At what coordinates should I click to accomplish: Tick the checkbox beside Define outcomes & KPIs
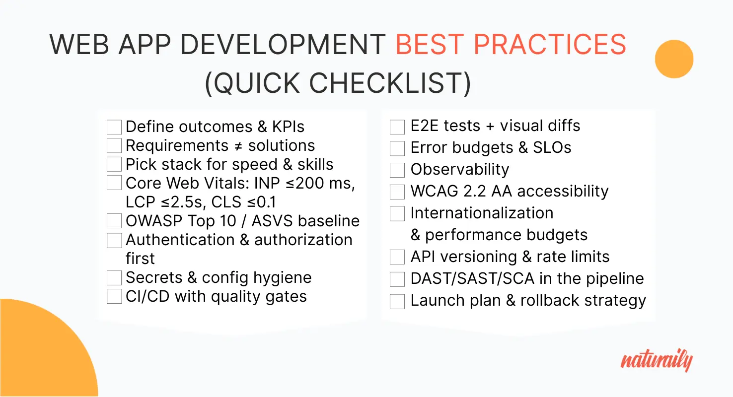click(114, 127)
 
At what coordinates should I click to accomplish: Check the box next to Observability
click(397, 170)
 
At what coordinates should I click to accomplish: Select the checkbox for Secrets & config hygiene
click(114, 277)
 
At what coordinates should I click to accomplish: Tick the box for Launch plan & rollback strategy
click(397, 302)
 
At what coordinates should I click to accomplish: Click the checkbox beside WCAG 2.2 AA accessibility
click(397, 192)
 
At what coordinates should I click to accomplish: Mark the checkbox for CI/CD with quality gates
click(114, 296)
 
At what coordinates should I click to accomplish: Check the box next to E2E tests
click(397, 127)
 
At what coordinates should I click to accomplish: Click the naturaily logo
click(657, 360)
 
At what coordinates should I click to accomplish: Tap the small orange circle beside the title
click(674, 59)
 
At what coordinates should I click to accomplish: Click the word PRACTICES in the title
click(550, 45)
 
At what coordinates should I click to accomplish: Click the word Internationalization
click(482, 213)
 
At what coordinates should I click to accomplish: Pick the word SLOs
click(552, 147)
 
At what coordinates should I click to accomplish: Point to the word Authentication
click(180, 240)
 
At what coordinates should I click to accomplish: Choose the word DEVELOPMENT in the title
click(283, 45)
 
